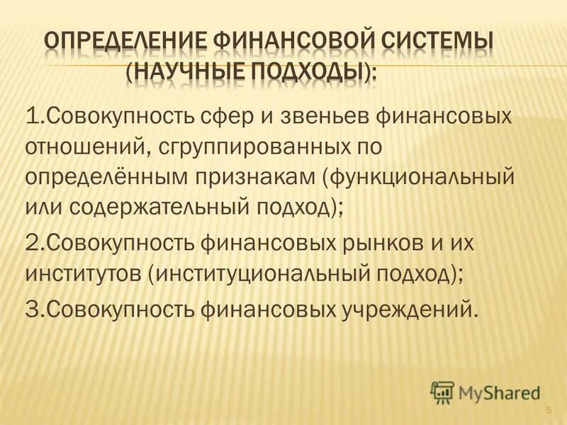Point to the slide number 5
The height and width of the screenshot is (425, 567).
click(549, 411)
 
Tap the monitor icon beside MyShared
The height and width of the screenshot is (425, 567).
click(442, 391)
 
